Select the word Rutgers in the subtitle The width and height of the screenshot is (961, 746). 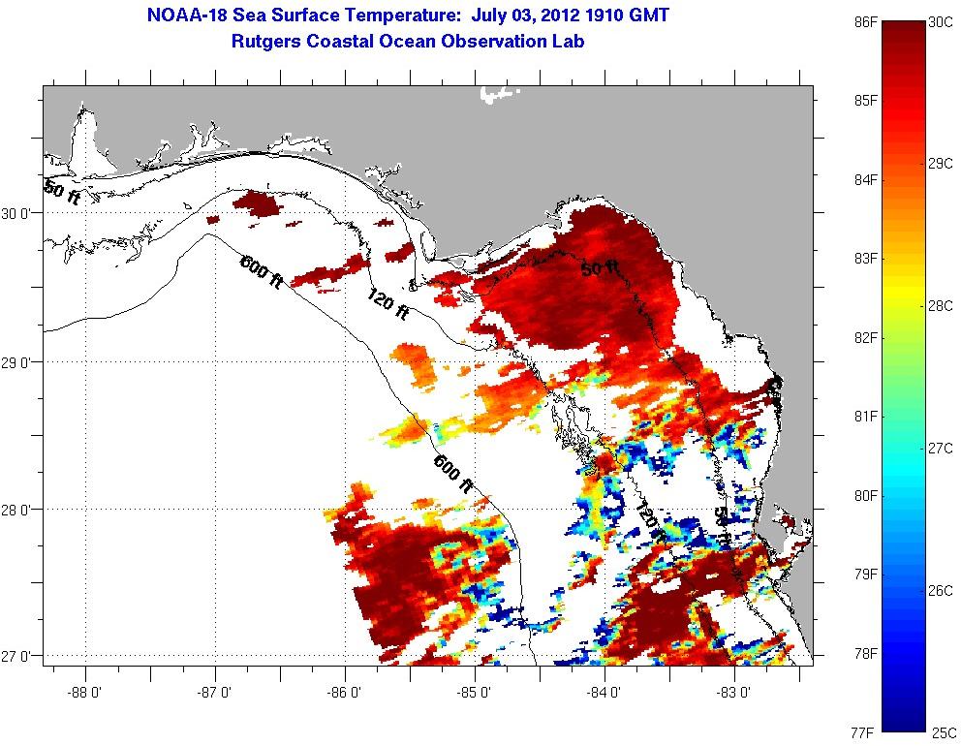(x=267, y=42)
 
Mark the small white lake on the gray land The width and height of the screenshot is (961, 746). (x=498, y=94)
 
